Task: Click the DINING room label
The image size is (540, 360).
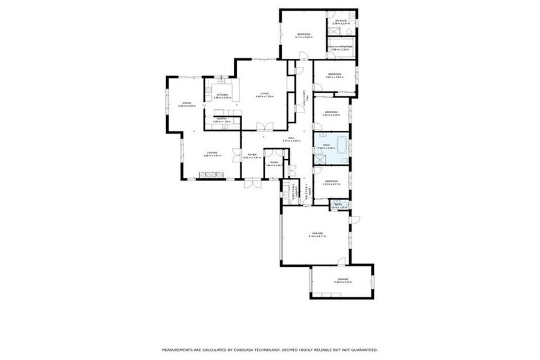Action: click(186, 103)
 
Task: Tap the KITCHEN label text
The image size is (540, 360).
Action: click(222, 95)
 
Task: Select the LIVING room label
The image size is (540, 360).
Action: click(264, 94)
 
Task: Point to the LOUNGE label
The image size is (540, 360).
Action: click(212, 153)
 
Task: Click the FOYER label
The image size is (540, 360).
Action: click(252, 155)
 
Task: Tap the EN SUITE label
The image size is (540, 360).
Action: click(341, 21)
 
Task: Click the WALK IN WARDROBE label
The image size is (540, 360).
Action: click(341, 48)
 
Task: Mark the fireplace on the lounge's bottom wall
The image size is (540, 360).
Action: click(210, 176)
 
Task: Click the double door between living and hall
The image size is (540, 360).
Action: click(264, 127)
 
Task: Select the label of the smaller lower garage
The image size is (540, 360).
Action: click(342, 281)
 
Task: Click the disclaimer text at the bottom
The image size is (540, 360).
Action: click(270, 349)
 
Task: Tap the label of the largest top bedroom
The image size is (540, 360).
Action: click(304, 35)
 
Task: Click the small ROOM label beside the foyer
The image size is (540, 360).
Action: click(273, 163)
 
